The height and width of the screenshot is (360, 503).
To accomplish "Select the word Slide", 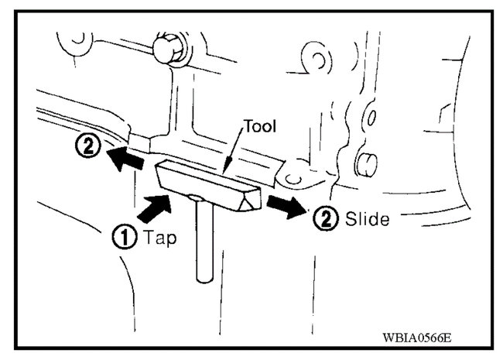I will click(x=364, y=219).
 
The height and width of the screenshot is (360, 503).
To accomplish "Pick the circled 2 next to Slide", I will click(x=324, y=218).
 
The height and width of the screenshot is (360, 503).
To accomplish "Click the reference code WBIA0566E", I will click(x=416, y=339).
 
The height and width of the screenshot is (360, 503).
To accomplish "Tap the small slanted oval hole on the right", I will click(x=372, y=117).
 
